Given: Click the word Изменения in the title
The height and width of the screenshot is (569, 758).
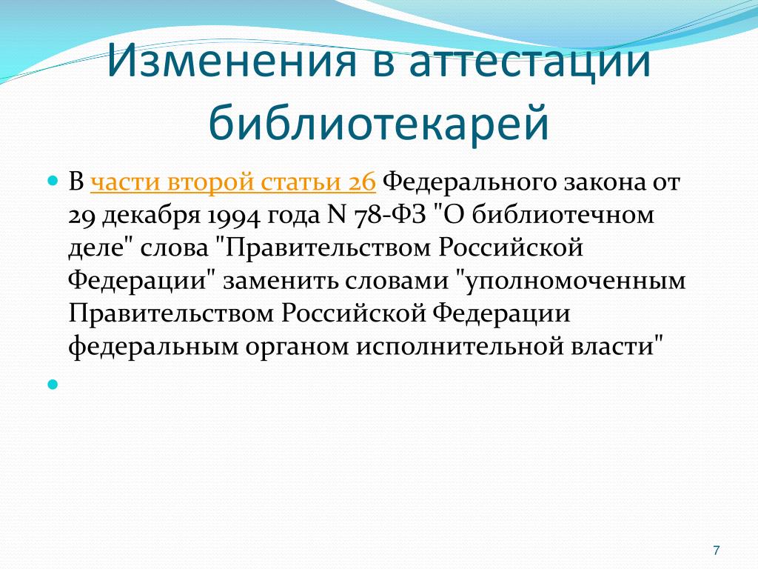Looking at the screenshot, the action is tap(232, 61).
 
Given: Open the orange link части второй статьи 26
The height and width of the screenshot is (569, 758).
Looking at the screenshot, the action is tap(233, 182).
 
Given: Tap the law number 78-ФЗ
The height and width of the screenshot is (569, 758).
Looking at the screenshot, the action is tap(390, 215).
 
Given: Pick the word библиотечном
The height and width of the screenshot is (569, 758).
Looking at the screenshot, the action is tap(563, 215).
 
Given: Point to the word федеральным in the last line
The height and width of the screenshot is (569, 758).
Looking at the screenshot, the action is tap(153, 347).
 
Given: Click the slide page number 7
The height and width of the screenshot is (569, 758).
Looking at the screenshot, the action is tap(717, 550).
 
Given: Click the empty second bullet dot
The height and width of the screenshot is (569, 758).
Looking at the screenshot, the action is tap(53, 385).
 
